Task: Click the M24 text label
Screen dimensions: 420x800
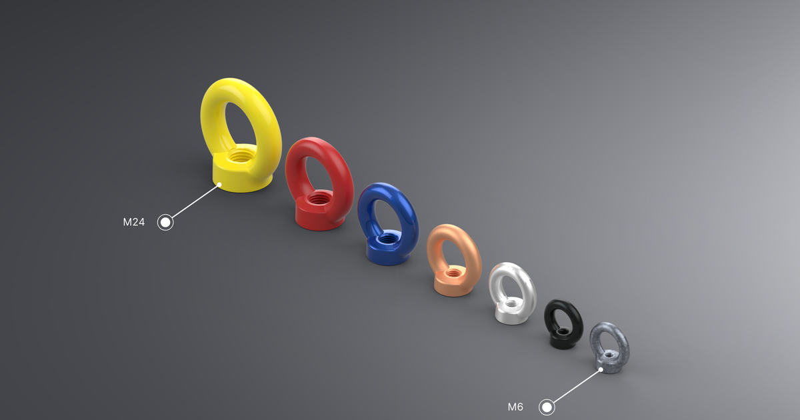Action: (133, 223)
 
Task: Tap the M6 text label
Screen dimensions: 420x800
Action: (515, 407)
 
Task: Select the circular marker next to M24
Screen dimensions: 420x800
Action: (165, 223)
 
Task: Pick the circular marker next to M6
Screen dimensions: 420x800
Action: (547, 407)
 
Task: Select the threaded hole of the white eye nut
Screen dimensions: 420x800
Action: (510, 304)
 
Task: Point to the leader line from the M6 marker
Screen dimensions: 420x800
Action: (575, 388)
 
